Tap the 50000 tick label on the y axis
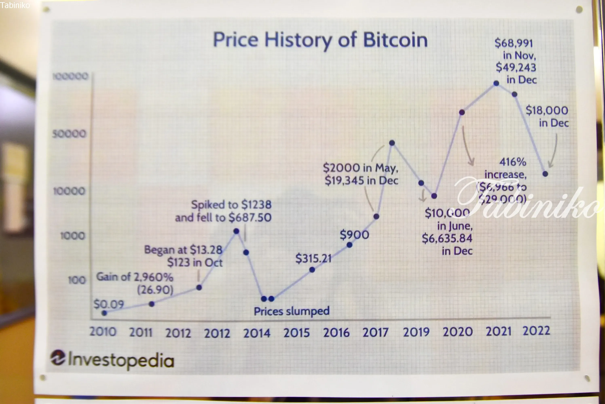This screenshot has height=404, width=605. tap(69, 134)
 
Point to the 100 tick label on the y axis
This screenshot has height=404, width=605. tap(77, 280)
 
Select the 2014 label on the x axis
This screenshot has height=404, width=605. tap(257, 333)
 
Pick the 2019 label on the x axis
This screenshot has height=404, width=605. tap(416, 332)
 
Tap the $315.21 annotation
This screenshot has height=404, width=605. tap(313, 258)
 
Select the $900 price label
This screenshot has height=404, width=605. tap(354, 235)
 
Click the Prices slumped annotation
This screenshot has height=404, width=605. tap(292, 311)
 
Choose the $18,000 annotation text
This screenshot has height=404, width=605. tap(547, 110)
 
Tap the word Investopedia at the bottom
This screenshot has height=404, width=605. tap(121, 360)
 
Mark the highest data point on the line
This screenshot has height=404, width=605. tap(496, 83)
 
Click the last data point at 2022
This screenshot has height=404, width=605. tap(545, 174)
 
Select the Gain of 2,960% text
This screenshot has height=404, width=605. tap(135, 277)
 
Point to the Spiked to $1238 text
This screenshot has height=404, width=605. tap(231, 205)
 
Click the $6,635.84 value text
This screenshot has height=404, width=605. tap(447, 238)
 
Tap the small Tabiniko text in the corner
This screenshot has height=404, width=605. tap(15, 5)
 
